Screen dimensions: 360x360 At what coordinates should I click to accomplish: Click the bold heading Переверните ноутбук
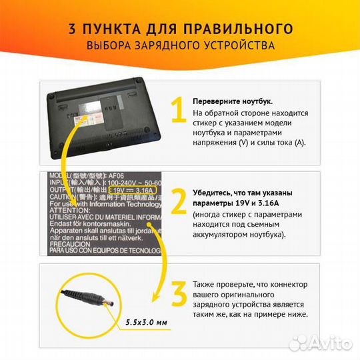232,101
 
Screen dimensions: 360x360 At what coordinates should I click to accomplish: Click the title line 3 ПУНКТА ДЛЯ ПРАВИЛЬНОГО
180,29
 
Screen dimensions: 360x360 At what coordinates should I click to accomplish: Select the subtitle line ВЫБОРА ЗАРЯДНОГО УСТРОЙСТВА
180,46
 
